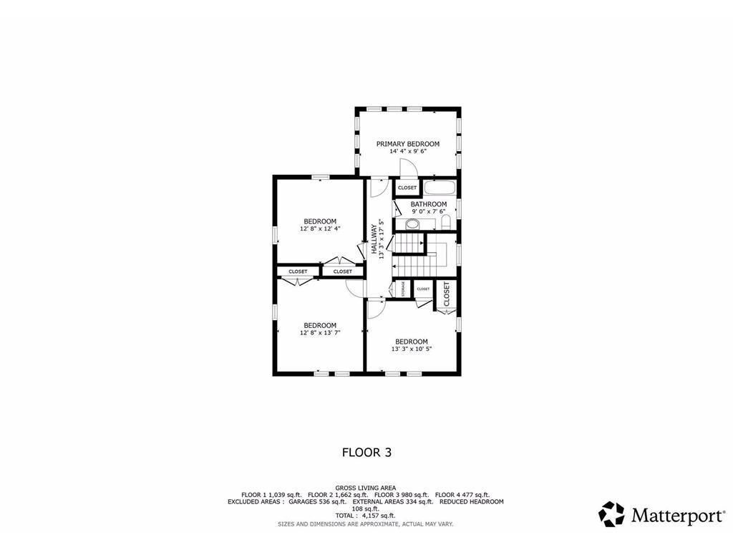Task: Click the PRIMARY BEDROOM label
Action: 408,144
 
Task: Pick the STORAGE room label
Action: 403,289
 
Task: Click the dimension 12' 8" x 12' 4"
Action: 320,229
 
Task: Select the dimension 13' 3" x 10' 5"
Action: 412,349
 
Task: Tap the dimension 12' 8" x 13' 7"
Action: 320,333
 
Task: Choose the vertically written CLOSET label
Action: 447,294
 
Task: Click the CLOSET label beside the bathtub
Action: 407,188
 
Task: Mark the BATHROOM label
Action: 429,204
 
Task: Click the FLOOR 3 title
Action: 366,452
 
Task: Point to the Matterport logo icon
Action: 611,513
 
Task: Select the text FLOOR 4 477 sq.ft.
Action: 462,495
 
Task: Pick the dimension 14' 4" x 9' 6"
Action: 408,152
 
